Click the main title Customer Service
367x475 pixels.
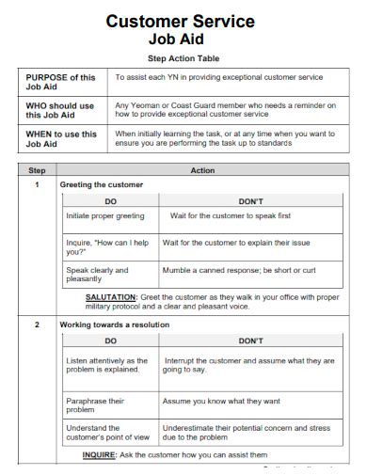pos(180,20)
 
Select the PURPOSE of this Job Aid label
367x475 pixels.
pos(61,82)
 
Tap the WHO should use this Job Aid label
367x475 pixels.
pos(61,111)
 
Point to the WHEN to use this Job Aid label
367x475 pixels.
pos(61,138)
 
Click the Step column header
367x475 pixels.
pos(37,171)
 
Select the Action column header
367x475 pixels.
pos(202,171)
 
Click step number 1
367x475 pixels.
pos(37,185)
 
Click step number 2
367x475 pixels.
pos(37,325)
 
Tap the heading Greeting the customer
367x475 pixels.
pos(102,185)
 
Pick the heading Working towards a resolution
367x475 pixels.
pos(115,325)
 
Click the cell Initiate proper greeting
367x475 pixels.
pos(105,216)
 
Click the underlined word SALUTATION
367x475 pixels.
pos(111,296)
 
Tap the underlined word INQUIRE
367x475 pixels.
pos(99,454)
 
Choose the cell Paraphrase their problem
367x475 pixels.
pos(94,405)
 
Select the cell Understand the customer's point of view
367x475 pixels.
pos(106,432)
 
